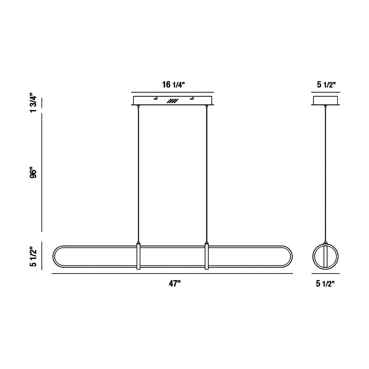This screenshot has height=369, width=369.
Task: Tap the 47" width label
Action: tap(175, 283)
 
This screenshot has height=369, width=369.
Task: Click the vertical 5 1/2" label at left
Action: tap(33, 257)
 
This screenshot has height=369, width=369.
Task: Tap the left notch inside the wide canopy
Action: tap(156, 98)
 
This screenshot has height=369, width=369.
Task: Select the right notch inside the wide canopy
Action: tap(192, 98)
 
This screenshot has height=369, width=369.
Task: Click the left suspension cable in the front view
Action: tap(138, 174)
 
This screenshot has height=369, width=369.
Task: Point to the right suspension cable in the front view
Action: tap(207, 174)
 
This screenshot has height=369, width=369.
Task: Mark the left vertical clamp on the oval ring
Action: tap(138, 256)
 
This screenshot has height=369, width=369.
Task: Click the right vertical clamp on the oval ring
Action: tap(207, 256)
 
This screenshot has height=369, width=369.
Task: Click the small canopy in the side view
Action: tap(325, 100)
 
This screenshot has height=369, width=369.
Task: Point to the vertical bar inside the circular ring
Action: tap(325, 257)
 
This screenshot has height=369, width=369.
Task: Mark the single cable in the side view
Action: tap(325, 174)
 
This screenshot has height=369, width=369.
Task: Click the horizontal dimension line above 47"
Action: tap(172, 273)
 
